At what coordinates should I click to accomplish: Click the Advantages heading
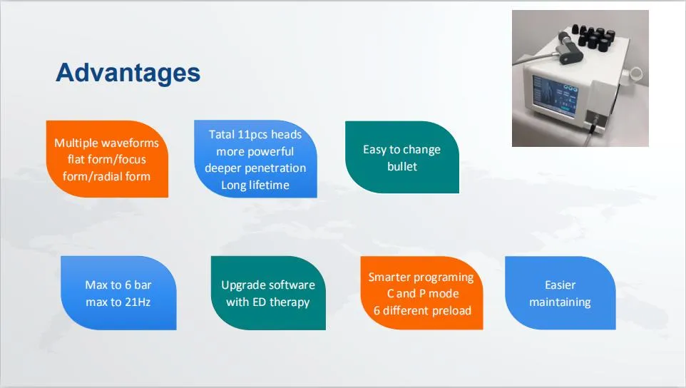point(128,73)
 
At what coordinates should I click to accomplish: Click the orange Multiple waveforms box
point(107,158)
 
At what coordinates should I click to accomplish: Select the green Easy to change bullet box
point(402,158)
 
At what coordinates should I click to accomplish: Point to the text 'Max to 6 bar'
point(118,285)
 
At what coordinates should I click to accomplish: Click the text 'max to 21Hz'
point(118,302)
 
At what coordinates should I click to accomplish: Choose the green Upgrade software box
point(268,293)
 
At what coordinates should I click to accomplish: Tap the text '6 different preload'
point(421,310)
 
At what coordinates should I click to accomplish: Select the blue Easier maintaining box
point(560,293)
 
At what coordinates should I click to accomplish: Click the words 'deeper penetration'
point(255,168)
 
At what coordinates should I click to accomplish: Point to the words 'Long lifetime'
point(255,185)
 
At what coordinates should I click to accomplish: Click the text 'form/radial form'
point(107,175)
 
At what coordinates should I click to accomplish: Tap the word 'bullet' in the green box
point(402,166)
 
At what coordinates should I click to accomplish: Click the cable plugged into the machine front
point(594,129)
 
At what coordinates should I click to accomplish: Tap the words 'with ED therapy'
point(268,302)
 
